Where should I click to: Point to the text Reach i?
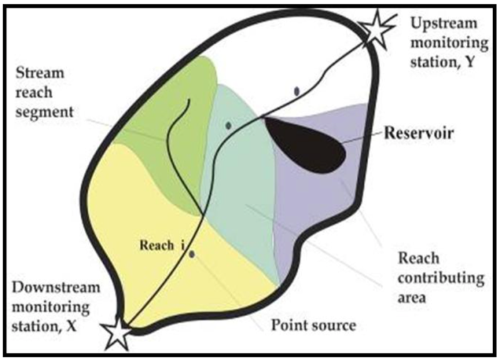click(159, 245)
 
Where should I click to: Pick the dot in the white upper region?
click(297, 91)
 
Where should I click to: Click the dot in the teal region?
click(229, 126)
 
